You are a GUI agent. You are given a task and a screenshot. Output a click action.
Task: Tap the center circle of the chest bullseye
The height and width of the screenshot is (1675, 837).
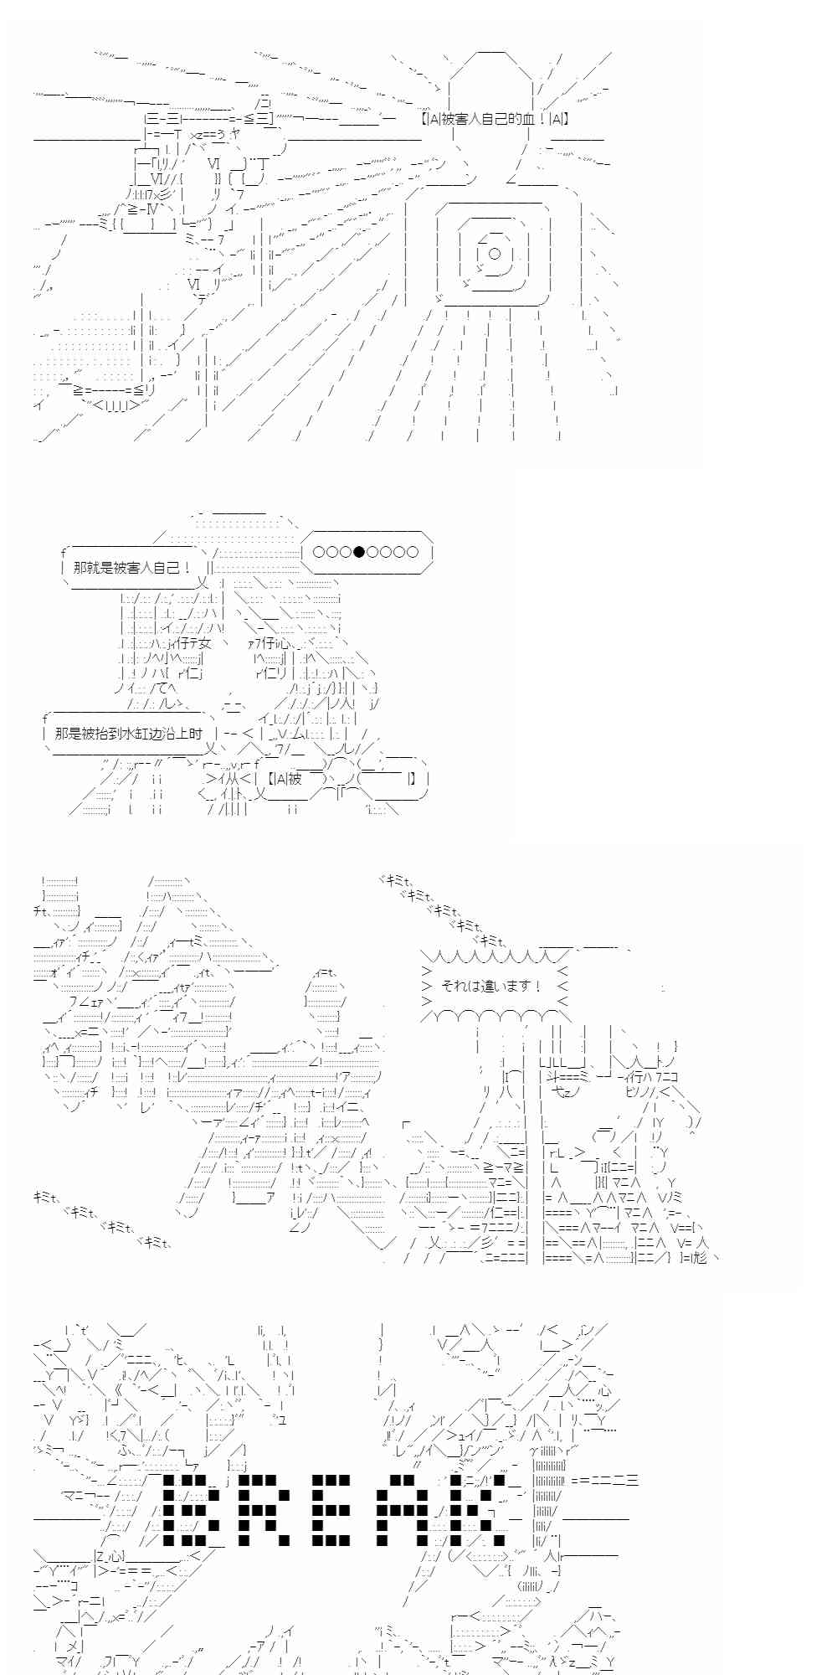tap(494, 254)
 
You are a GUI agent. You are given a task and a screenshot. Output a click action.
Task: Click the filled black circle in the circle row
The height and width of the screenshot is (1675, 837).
tap(359, 551)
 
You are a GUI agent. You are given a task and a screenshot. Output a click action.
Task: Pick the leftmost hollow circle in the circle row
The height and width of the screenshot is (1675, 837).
tap(319, 551)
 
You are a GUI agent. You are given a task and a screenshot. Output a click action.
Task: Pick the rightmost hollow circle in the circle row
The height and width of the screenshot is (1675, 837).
tap(412, 551)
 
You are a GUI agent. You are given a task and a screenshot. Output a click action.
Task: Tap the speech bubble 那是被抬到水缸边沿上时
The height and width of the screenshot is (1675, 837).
tap(128, 733)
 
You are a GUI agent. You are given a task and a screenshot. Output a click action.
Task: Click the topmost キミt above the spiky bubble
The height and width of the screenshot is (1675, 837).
tap(392, 881)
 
